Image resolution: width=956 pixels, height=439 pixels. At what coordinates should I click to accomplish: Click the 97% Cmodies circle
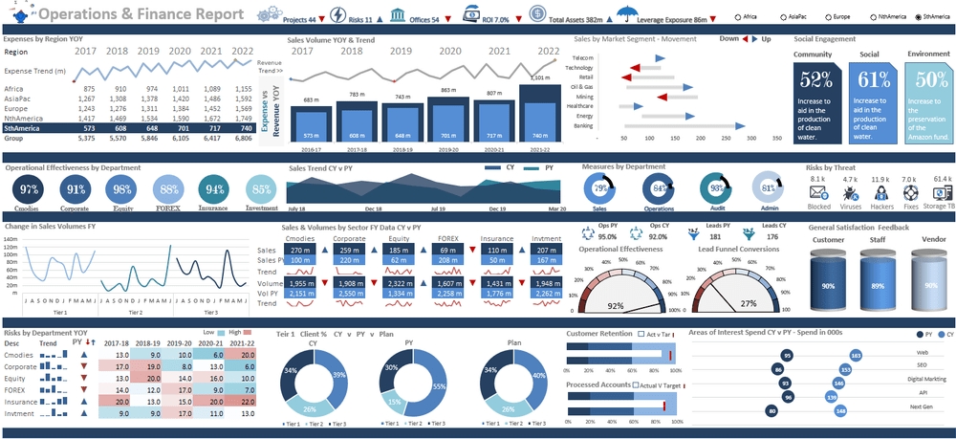click(x=29, y=188)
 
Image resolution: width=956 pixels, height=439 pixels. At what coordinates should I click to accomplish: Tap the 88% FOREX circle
click(x=169, y=188)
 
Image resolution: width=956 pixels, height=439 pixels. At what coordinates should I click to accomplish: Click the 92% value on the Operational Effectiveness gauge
click(x=617, y=306)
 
